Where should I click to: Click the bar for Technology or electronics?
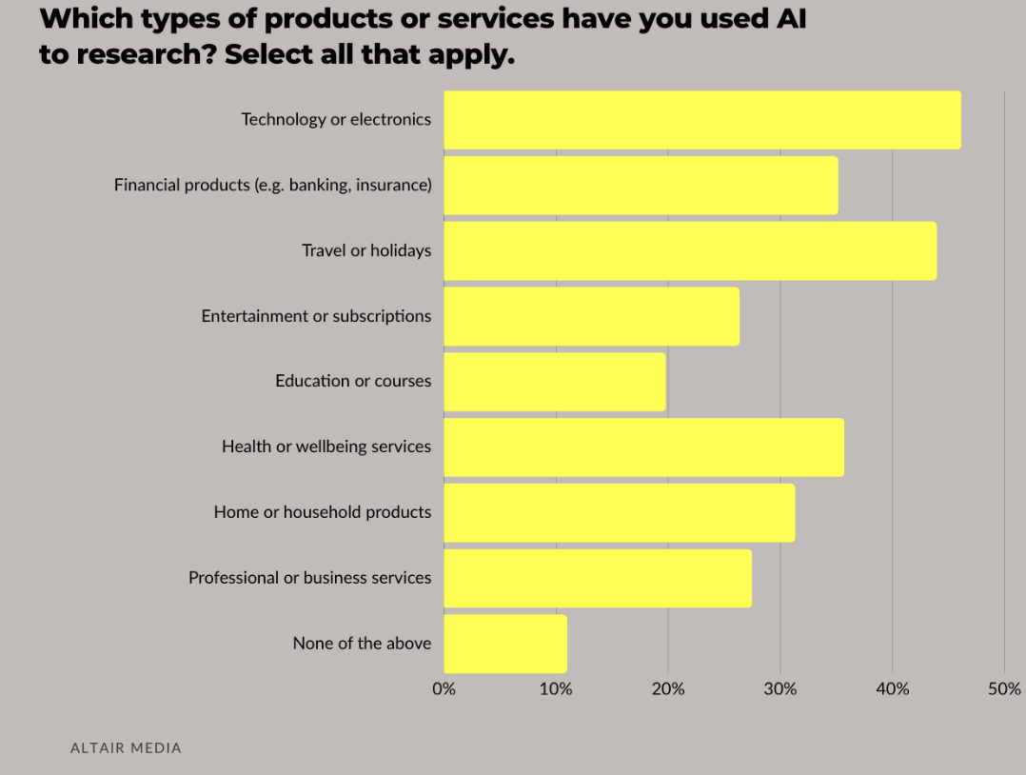pyautogui.click(x=702, y=120)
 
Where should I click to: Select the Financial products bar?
pyautogui.click(x=641, y=186)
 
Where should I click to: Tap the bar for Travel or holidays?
pyautogui.click(x=690, y=250)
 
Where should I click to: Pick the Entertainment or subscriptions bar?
pyautogui.click(x=591, y=316)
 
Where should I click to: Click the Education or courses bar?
pyautogui.click(x=555, y=382)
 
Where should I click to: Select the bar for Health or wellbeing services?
pyautogui.click(x=643, y=447)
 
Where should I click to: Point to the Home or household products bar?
pyautogui.click(x=619, y=512)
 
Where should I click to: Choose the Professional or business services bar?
pyautogui.click(x=598, y=578)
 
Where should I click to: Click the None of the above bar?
pyautogui.click(x=505, y=644)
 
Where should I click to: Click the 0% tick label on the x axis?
pyautogui.click(x=444, y=689)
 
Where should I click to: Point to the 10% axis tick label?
pyautogui.click(x=556, y=689)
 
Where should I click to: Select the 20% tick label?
pyautogui.click(x=668, y=689)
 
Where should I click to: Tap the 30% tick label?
pyautogui.click(x=780, y=689)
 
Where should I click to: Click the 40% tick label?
pyautogui.click(x=893, y=689)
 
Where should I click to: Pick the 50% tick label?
pyautogui.click(x=1004, y=689)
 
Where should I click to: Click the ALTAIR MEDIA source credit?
pyautogui.click(x=126, y=748)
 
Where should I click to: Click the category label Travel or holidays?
pyautogui.click(x=366, y=250)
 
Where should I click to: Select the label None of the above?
pyautogui.click(x=362, y=644)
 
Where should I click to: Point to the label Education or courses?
pyautogui.click(x=353, y=381)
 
